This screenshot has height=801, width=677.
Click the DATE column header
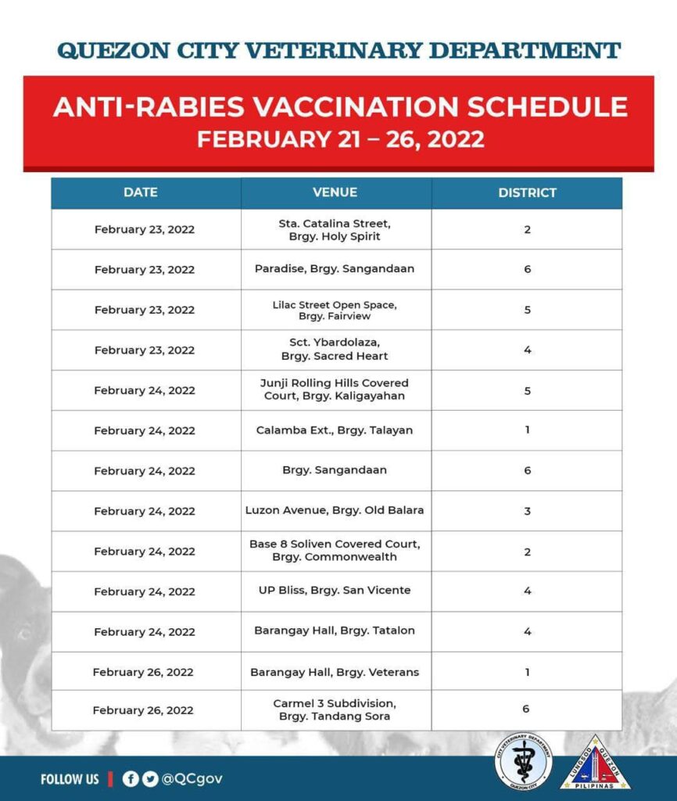tap(141, 192)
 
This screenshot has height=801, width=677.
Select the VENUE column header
tap(335, 192)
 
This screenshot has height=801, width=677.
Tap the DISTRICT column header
tap(527, 192)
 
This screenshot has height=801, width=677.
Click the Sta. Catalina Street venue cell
tap(335, 229)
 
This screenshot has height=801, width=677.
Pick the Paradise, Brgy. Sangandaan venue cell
tap(335, 269)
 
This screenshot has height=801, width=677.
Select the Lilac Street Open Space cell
tap(335, 310)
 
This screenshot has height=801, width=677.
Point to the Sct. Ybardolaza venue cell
tap(335, 350)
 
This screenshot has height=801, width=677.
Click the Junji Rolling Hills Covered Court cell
tap(335, 390)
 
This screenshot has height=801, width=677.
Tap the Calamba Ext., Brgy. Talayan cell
tap(335, 430)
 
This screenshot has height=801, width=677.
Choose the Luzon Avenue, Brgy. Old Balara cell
tap(335, 511)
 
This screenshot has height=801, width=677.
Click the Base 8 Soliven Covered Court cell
tap(335, 551)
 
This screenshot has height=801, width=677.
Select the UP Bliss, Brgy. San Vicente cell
tap(335, 591)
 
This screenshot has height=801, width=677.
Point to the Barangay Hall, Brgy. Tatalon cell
tap(335, 630)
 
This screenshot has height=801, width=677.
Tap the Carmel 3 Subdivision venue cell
tap(335, 709)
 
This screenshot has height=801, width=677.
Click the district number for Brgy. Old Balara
tap(528, 511)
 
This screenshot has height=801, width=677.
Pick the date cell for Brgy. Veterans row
tap(143, 672)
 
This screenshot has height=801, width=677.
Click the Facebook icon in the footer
tap(131, 779)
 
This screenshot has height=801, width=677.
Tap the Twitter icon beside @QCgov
tap(149, 779)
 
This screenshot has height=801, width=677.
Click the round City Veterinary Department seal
tap(523, 763)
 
